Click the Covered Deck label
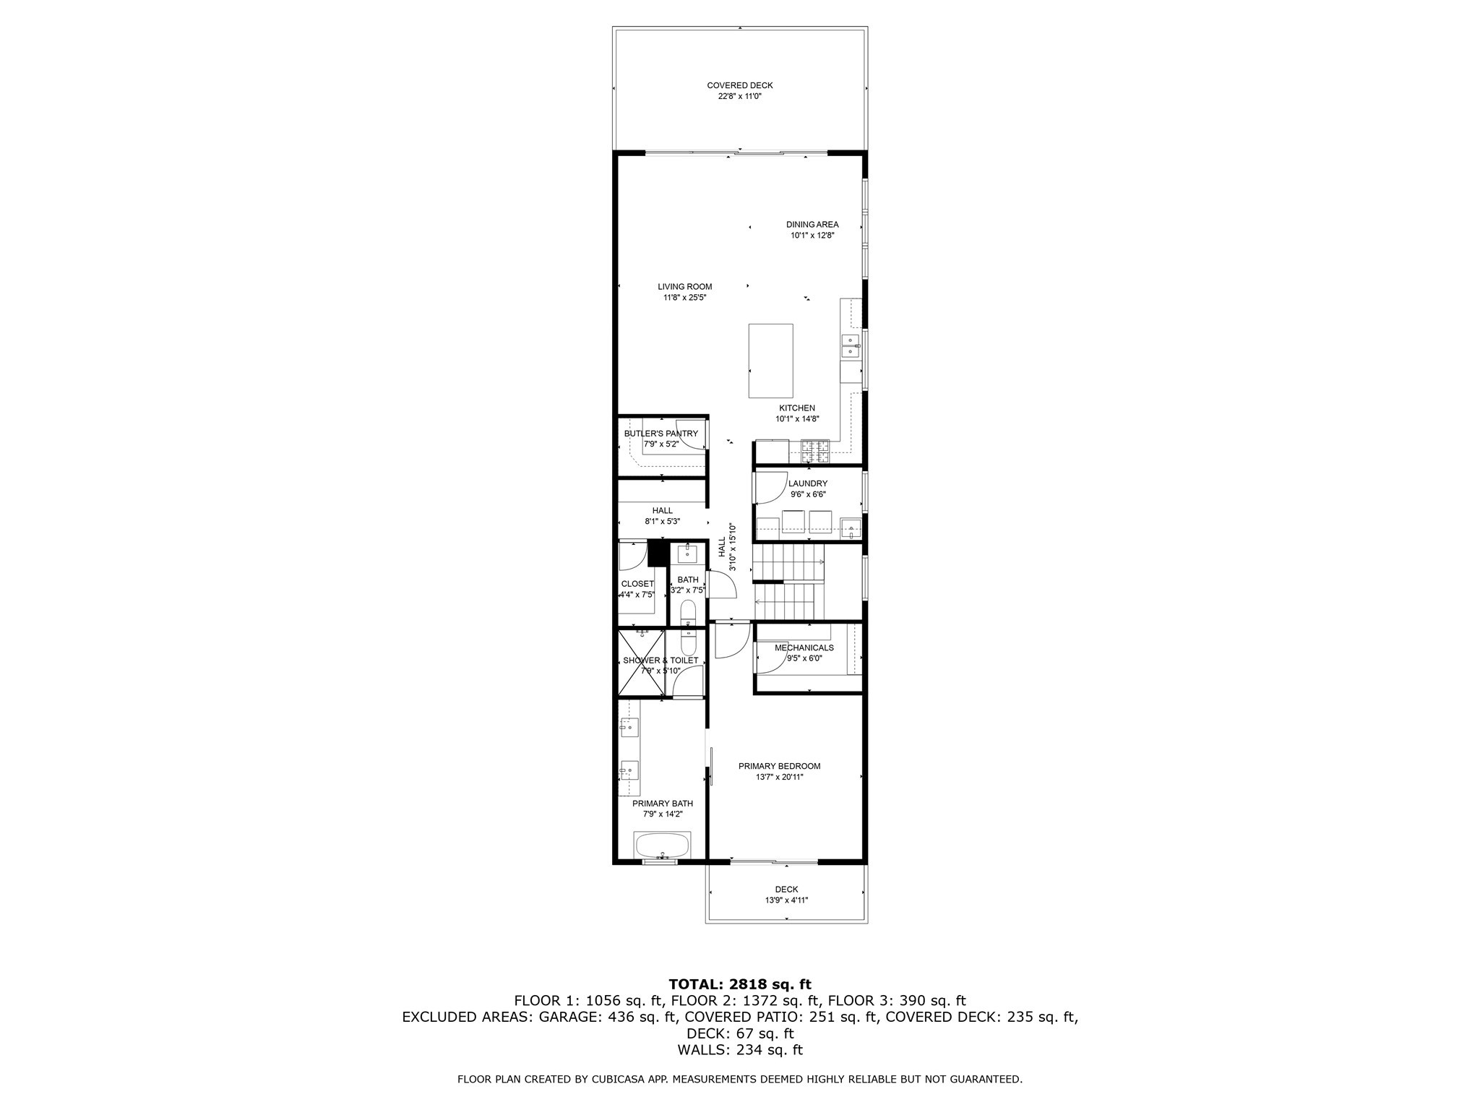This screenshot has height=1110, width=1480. (x=739, y=85)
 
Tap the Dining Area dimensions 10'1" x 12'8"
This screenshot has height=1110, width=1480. (x=812, y=235)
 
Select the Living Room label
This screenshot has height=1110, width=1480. (x=684, y=286)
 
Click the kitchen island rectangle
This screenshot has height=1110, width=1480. (x=770, y=361)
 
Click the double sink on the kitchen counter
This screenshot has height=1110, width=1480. (x=851, y=346)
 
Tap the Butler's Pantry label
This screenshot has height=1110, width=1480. (x=661, y=433)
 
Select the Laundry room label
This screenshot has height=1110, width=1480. (x=807, y=483)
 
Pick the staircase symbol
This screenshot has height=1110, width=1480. (x=788, y=582)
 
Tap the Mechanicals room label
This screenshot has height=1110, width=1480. (x=804, y=647)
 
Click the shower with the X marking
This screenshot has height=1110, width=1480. (x=641, y=663)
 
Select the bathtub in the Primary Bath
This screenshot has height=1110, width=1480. (x=662, y=845)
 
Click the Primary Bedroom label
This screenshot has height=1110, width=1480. (x=779, y=766)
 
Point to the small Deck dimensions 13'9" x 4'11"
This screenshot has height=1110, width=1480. (x=786, y=900)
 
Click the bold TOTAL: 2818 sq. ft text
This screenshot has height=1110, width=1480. (x=739, y=984)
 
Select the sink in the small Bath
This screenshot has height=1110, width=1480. (x=687, y=554)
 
